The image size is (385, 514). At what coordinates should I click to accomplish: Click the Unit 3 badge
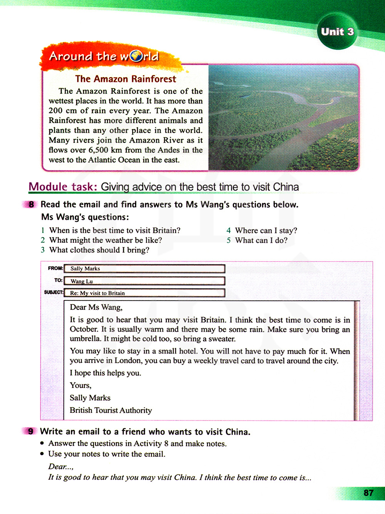click(337, 32)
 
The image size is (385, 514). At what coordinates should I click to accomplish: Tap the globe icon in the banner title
click(136, 57)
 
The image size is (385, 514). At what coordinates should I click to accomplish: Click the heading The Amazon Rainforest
click(126, 79)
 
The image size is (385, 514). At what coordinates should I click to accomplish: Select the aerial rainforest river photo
click(283, 117)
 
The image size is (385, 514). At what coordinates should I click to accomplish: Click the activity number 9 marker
click(30, 431)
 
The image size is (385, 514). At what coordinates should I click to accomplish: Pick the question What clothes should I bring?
click(99, 250)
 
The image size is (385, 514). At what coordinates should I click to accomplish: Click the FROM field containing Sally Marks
click(144, 269)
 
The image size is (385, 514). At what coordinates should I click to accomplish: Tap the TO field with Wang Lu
click(144, 281)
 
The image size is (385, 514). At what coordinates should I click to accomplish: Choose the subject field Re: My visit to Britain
click(144, 293)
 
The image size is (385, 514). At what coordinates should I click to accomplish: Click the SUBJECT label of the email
click(54, 292)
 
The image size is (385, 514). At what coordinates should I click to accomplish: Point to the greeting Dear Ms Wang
click(96, 307)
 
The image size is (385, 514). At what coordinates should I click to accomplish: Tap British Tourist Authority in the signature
click(110, 410)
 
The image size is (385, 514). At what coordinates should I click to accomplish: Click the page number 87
click(368, 493)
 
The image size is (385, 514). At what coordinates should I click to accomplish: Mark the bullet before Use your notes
click(42, 454)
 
